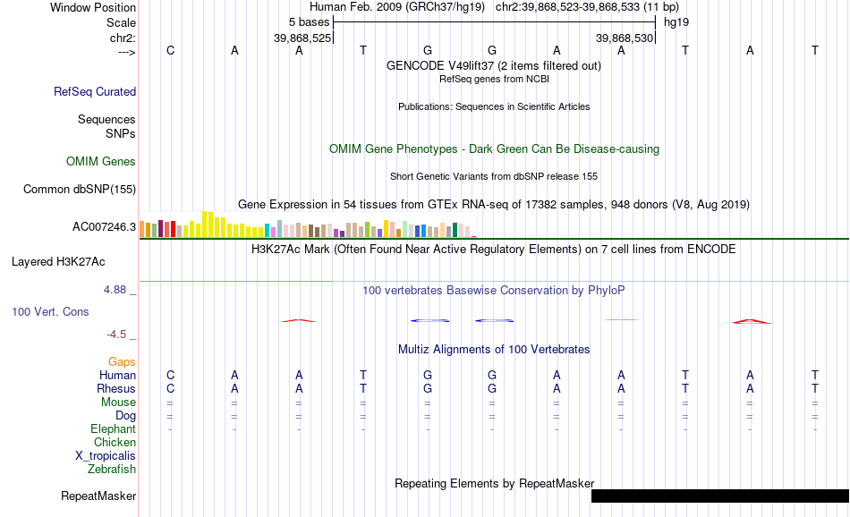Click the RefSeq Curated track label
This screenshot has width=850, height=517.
[x=95, y=91]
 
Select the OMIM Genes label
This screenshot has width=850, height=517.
[x=101, y=162]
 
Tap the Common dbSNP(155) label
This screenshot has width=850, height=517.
[x=80, y=189]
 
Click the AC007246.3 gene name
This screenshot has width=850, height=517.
[x=104, y=226]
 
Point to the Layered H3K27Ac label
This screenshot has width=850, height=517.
[x=58, y=262]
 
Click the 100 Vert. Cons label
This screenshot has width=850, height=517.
[x=50, y=311]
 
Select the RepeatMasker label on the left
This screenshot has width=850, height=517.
[x=98, y=496]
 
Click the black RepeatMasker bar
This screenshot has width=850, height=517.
[x=720, y=496]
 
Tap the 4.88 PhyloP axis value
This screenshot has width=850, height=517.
[x=115, y=290]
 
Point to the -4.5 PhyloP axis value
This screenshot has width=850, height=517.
[x=116, y=335]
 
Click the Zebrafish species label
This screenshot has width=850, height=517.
[x=112, y=470]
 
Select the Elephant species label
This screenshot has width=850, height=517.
[x=114, y=428]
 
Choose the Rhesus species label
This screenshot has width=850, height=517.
[x=116, y=388]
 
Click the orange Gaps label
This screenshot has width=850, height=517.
[x=122, y=361]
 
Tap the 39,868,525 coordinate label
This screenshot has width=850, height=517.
[x=302, y=38]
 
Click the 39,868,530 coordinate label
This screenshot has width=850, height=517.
[x=625, y=38]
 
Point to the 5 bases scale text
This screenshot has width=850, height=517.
[x=309, y=22]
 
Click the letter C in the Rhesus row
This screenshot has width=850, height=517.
[x=170, y=388]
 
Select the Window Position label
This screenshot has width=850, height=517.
[x=93, y=7]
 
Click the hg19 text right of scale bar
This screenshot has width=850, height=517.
[x=676, y=22]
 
